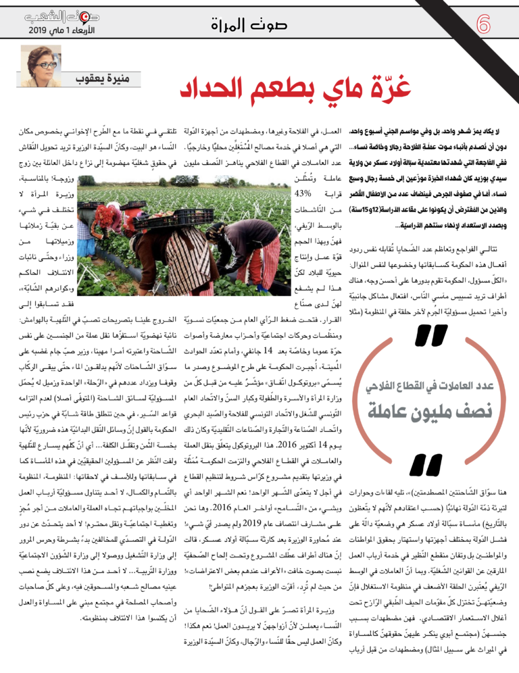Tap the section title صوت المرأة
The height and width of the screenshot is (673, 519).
[259, 28]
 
